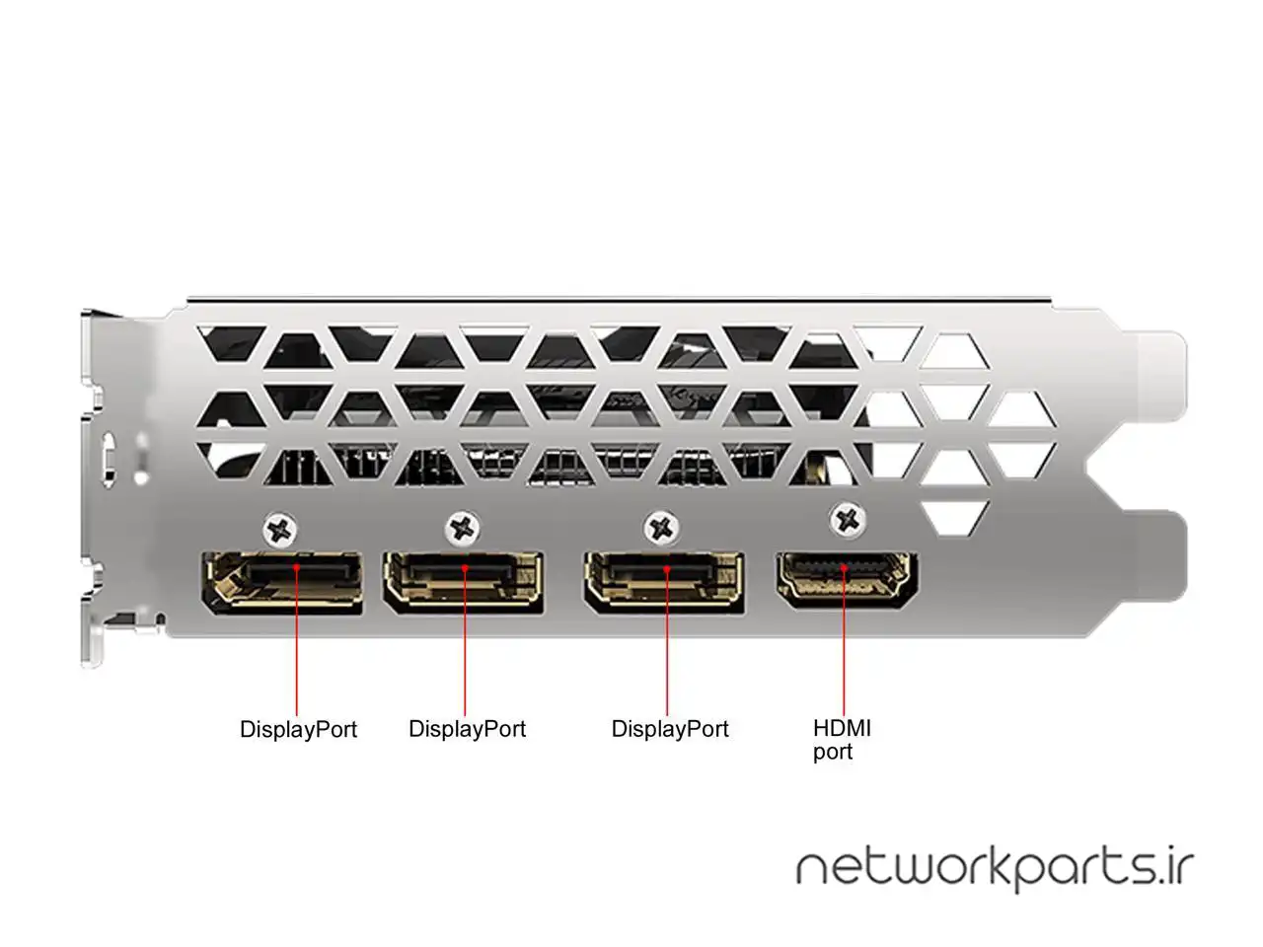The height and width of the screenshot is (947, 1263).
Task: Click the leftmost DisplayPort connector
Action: pyautogui.click(x=281, y=581)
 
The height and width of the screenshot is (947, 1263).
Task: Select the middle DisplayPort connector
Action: pyautogui.click(x=464, y=582)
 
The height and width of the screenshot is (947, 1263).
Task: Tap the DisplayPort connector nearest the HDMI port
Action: pyautogui.click(x=663, y=582)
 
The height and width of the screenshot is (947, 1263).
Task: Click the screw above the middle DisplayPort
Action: pyautogui.click(x=464, y=528)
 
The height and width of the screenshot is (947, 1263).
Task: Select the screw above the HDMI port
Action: pyautogui.click(x=846, y=519)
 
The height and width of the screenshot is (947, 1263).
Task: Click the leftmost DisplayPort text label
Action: pyautogui.click(x=298, y=730)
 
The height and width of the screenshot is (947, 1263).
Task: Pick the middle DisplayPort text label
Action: pyautogui.click(x=467, y=729)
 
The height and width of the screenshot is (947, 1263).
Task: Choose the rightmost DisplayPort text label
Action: pyautogui.click(x=670, y=729)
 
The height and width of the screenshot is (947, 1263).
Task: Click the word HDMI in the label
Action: pyautogui.click(x=842, y=728)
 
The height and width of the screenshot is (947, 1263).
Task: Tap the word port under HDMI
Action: pyautogui.click(x=832, y=752)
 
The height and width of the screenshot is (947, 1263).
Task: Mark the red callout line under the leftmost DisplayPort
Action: pyautogui.click(x=298, y=661)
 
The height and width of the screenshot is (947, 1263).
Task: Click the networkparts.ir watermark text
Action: pyautogui.click(x=995, y=868)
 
